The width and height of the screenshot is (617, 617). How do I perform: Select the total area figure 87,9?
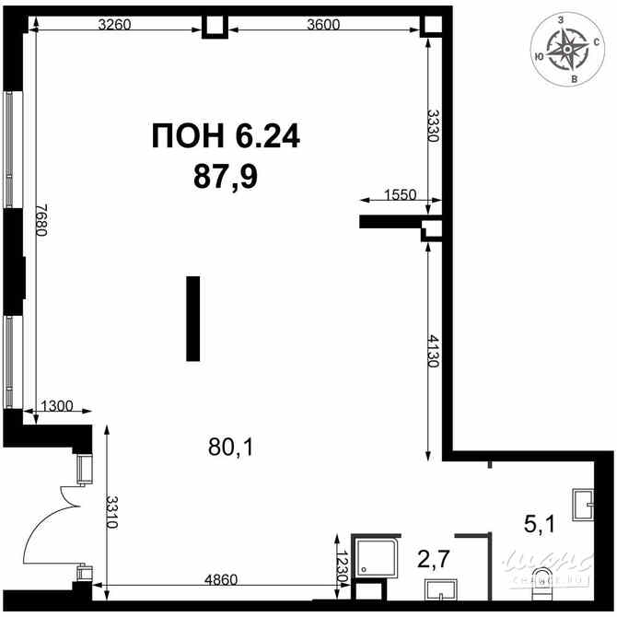(x=226, y=174)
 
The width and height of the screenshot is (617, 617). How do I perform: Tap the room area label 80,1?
(x=230, y=448)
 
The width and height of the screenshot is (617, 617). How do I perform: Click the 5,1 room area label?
(x=539, y=525)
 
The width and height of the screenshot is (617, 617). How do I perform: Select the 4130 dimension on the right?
(x=433, y=350)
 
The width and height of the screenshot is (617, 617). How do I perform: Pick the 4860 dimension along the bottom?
(x=220, y=579)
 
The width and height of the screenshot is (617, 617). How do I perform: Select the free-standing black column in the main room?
(x=192, y=318)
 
